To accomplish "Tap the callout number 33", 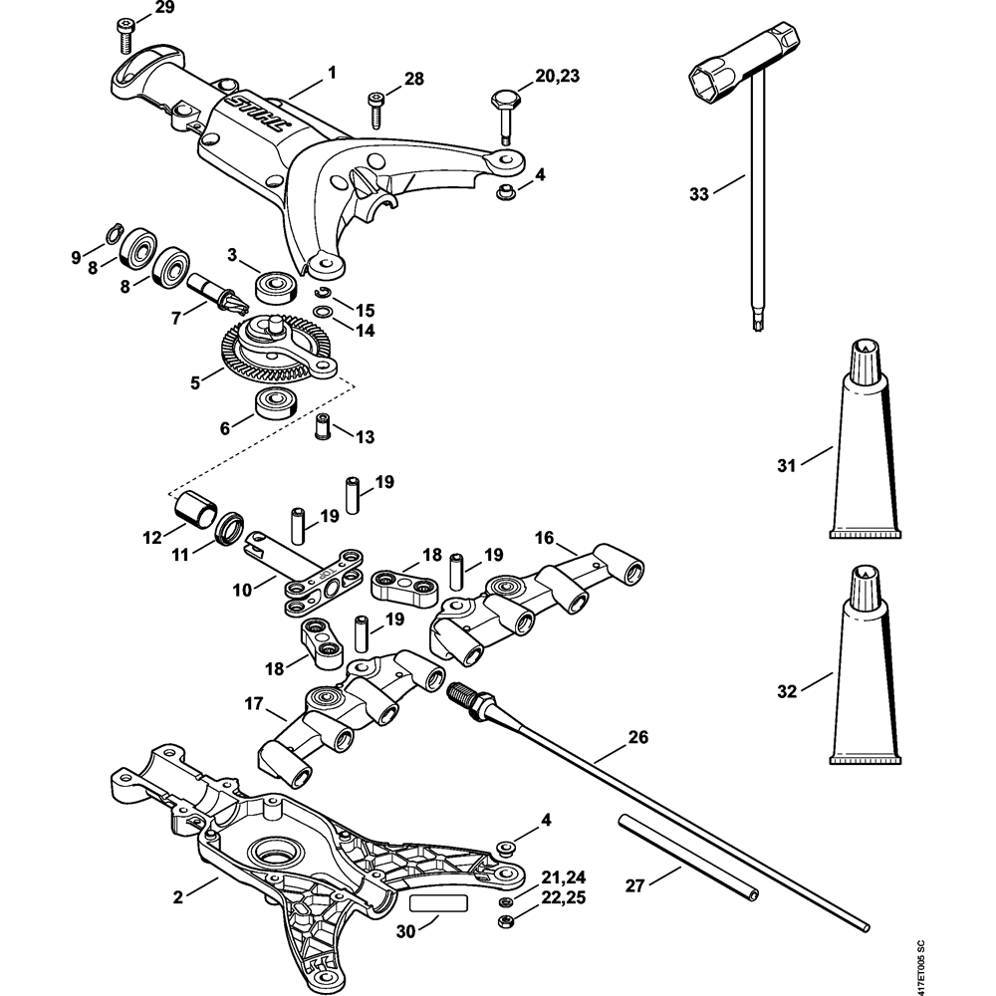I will pyautogui.click(x=699, y=193).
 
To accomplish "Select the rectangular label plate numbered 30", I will pyautogui.click(x=437, y=902).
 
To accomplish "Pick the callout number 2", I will pyautogui.click(x=177, y=896).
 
